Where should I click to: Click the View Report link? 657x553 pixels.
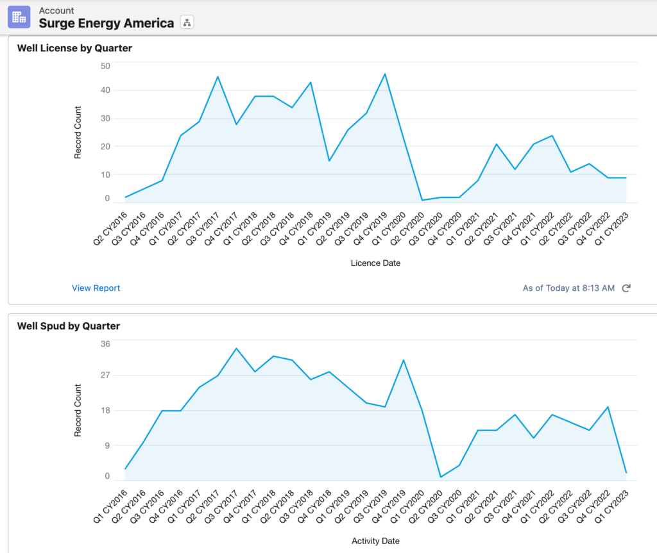(96, 288)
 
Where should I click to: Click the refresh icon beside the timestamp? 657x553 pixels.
(626, 288)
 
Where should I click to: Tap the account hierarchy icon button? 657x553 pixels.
(187, 23)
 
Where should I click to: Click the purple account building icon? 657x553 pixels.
(19, 17)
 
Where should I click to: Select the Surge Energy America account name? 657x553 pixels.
(107, 23)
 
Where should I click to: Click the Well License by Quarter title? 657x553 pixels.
(74, 48)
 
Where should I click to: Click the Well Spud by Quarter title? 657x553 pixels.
(68, 326)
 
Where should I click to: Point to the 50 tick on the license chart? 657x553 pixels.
(105, 65)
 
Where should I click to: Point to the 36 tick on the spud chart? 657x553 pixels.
(105, 343)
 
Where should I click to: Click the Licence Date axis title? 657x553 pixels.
(375, 263)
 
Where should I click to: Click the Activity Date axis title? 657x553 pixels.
(375, 541)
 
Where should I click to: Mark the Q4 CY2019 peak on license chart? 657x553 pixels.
(385, 74)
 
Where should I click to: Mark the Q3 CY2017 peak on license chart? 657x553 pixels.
(218, 77)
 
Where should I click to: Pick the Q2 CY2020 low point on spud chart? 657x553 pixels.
(441, 477)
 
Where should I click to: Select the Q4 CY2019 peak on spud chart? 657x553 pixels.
(404, 360)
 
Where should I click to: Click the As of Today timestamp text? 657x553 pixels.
(568, 288)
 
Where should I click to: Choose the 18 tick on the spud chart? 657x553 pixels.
(105, 410)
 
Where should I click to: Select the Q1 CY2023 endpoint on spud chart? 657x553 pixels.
(626, 473)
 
